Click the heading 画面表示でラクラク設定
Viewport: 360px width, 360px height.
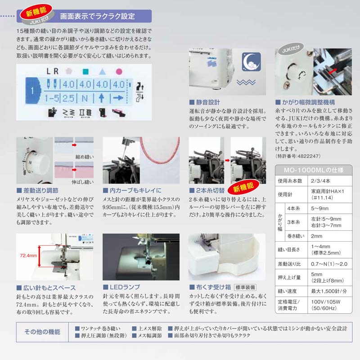click(x=97, y=17)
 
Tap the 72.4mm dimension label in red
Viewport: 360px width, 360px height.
click(x=28, y=256)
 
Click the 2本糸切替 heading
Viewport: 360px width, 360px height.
click(x=211, y=190)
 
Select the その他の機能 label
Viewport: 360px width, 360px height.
click(x=42, y=332)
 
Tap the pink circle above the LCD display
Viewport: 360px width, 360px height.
click(x=119, y=71)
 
